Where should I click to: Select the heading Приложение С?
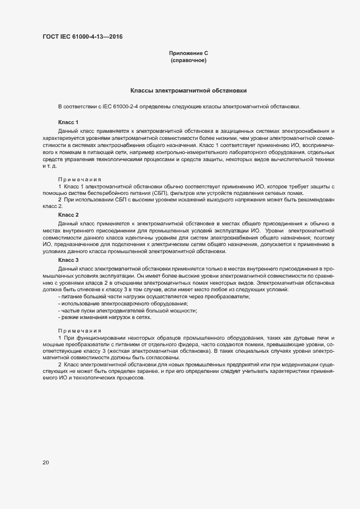[x=188, y=53]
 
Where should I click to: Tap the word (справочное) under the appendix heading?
[x=188, y=61]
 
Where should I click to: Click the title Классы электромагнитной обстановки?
[x=189, y=90]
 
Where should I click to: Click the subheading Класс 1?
[x=68, y=122]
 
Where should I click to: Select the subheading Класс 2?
[x=68, y=215]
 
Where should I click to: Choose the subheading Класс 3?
[x=68, y=260]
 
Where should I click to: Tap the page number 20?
[x=46, y=463]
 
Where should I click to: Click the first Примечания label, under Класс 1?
[x=80, y=179]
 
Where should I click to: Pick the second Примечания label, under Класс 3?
[x=80, y=331]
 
